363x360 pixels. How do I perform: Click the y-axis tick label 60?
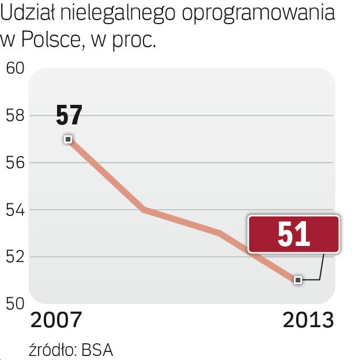14,69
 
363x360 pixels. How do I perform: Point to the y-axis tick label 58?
14,116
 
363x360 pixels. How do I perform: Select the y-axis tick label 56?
14,163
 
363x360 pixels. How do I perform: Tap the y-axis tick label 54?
14,210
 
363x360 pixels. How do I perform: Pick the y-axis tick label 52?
14,257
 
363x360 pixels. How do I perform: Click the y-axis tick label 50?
14,304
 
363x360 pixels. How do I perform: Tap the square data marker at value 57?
68,139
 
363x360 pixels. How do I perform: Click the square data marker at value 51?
297,280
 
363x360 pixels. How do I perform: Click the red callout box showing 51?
293,234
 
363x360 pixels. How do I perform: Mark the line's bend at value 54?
143,210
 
